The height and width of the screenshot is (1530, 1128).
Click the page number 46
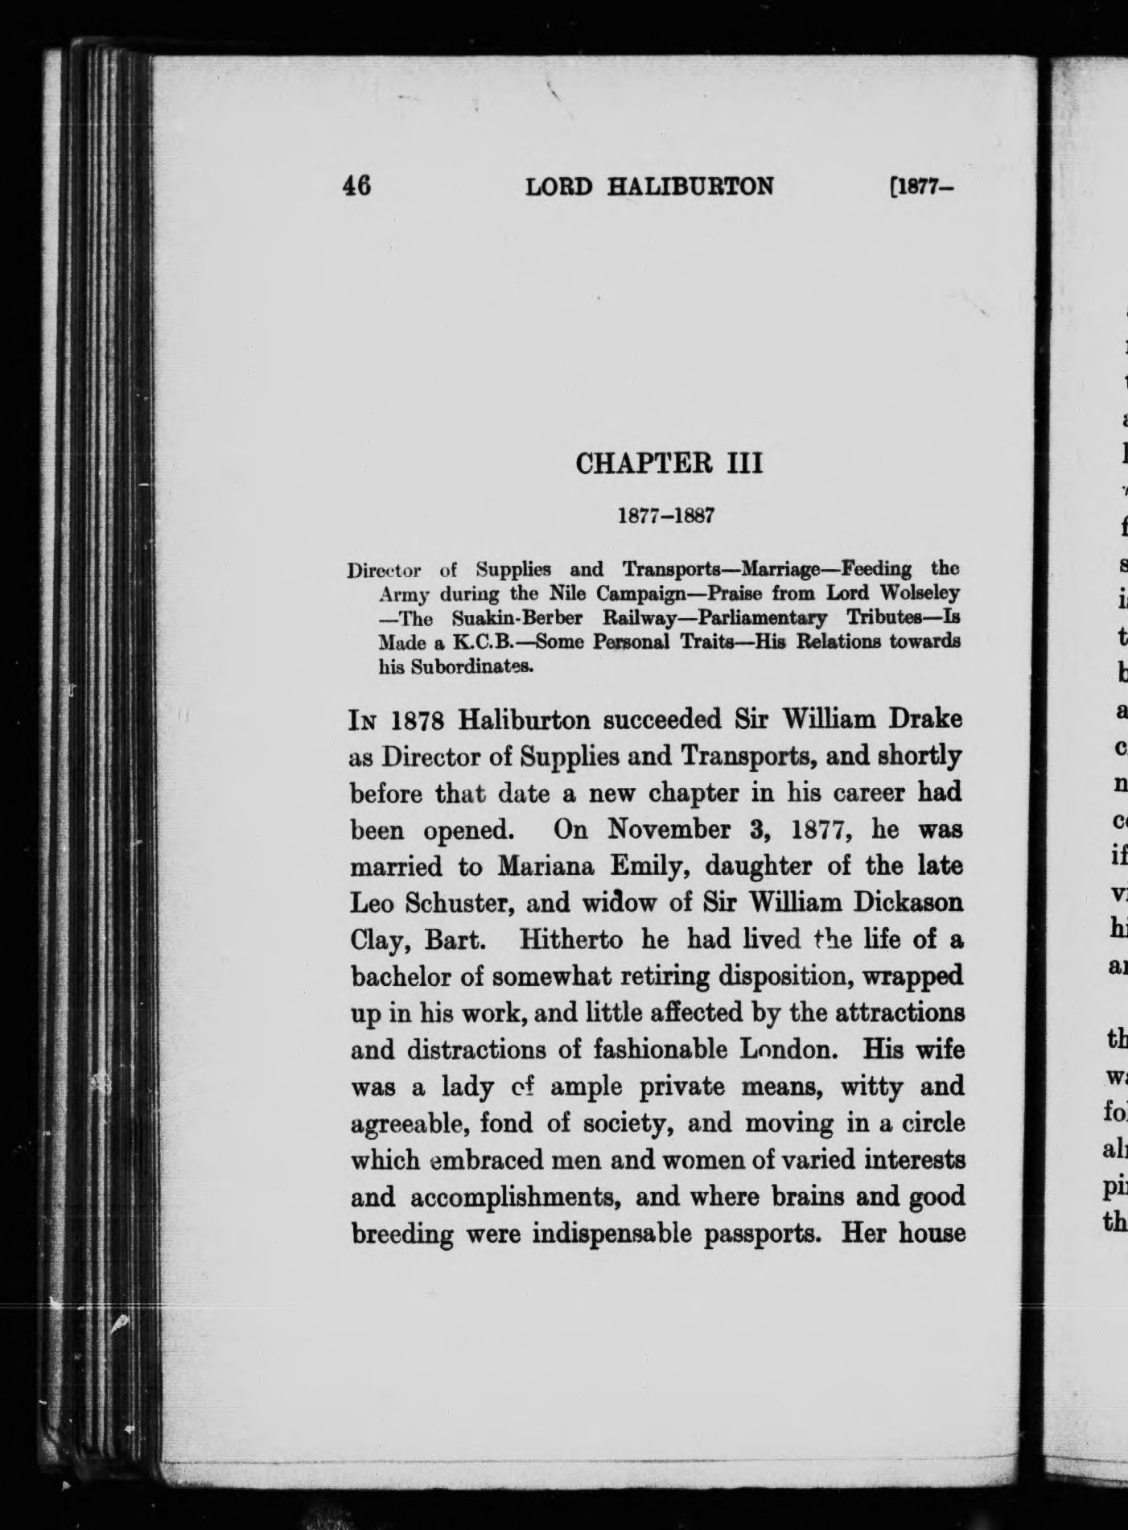pos(356,187)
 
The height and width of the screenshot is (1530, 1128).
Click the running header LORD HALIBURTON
pos(649,187)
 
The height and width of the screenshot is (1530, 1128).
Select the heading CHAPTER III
pos(669,464)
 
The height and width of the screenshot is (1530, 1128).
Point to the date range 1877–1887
pos(665,516)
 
